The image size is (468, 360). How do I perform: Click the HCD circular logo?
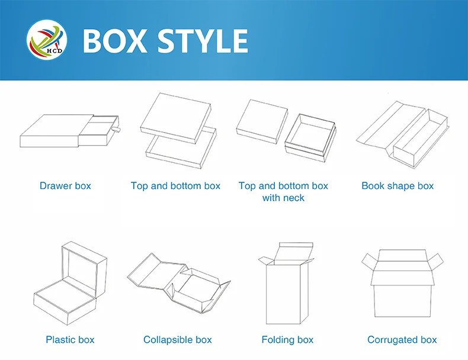(47, 40)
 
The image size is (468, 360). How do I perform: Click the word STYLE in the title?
(203, 41)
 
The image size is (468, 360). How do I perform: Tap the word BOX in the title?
(115, 41)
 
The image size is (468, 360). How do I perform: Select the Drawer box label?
(65, 186)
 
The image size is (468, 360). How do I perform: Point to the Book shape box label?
(398, 186)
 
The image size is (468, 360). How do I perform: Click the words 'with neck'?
(283, 198)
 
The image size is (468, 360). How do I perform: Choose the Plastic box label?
(70, 340)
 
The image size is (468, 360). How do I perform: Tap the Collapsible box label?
(178, 340)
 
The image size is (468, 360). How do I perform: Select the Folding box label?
(287, 340)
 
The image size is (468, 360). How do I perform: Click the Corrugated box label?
(402, 340)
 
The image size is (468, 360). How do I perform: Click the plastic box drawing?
(70, 284)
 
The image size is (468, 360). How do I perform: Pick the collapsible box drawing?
(179, 284)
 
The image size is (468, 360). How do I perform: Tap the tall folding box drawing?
(287, 284)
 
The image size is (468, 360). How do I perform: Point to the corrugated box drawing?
(402, 284)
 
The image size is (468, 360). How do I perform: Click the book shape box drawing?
(403, 135)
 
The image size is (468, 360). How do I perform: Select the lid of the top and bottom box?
(176, 118)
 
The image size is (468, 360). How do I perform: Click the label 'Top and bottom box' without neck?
(175, 186)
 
